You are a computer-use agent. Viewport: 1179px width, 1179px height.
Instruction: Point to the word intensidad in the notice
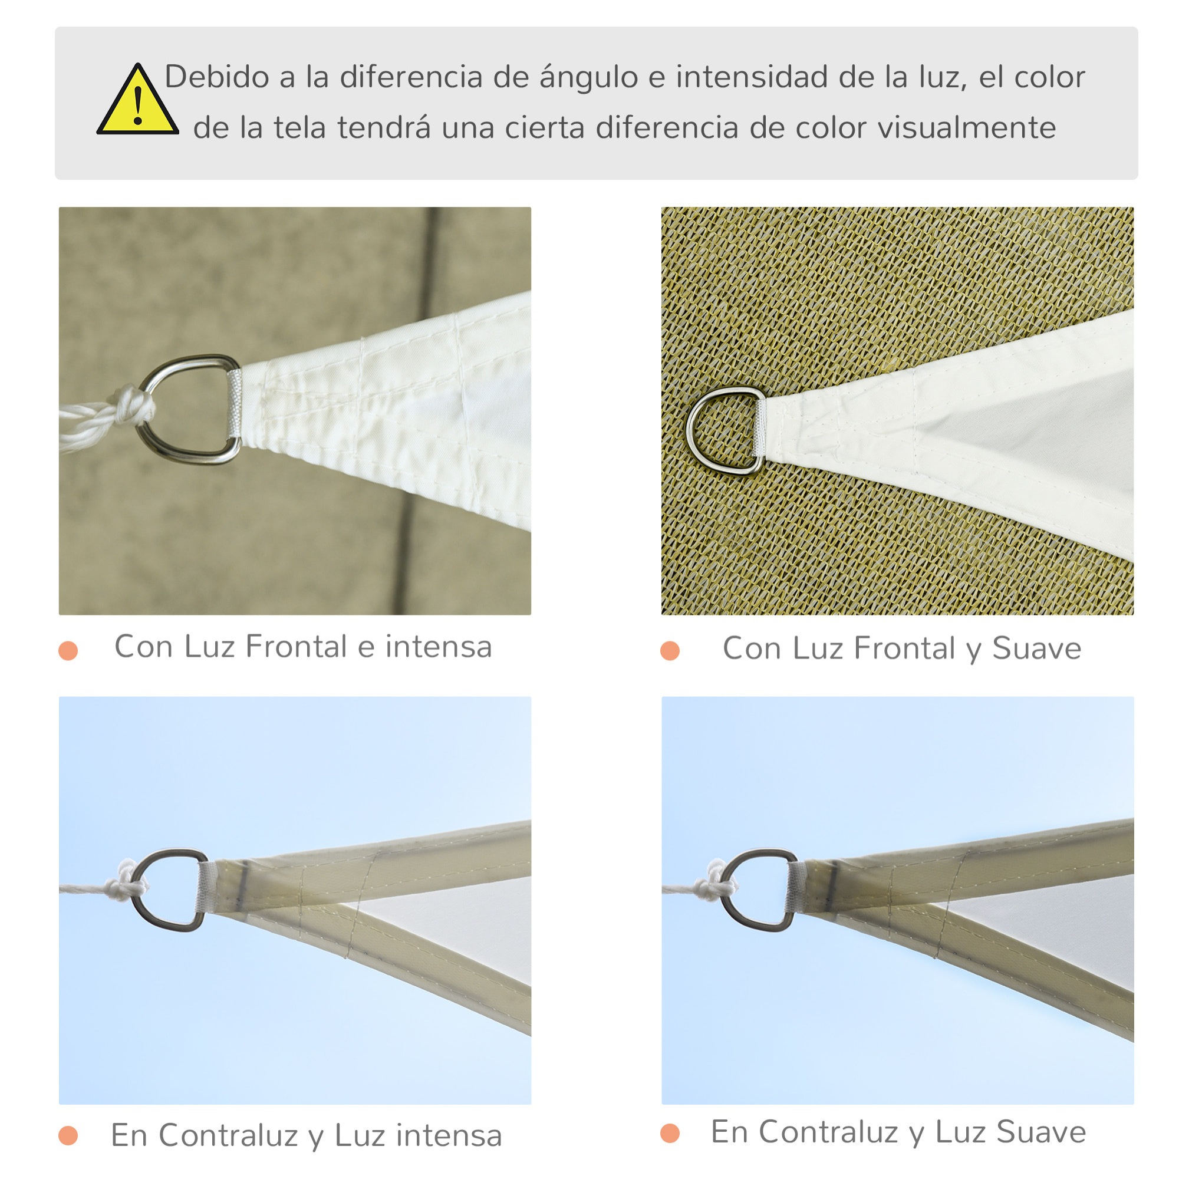click(x=750, y=77)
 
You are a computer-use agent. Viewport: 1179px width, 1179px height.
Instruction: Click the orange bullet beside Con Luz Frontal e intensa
click(x=68, y=651)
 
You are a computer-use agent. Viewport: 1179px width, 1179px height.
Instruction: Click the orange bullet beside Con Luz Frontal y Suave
click(x=670, y=651)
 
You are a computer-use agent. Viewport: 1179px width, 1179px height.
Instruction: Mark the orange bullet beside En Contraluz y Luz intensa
click(x=68, y=1137)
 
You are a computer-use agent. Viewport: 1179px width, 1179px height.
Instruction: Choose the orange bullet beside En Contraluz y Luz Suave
click(x=670, y=1134)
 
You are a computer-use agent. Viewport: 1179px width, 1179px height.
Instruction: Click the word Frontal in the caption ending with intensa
click(x=296, y=647)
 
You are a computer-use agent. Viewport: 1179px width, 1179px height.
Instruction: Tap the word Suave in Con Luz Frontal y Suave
click(x=1036, y=648)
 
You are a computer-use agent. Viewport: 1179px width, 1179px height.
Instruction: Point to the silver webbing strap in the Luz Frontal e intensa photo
click(x=233, y=403)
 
